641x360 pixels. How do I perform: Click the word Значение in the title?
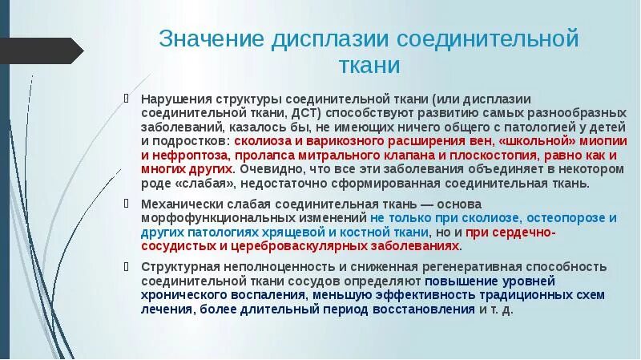(211, 38)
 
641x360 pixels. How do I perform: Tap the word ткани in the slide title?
(368, 65)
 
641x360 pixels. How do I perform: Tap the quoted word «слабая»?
(199, 184)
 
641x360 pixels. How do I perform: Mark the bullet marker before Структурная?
(126, 266)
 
